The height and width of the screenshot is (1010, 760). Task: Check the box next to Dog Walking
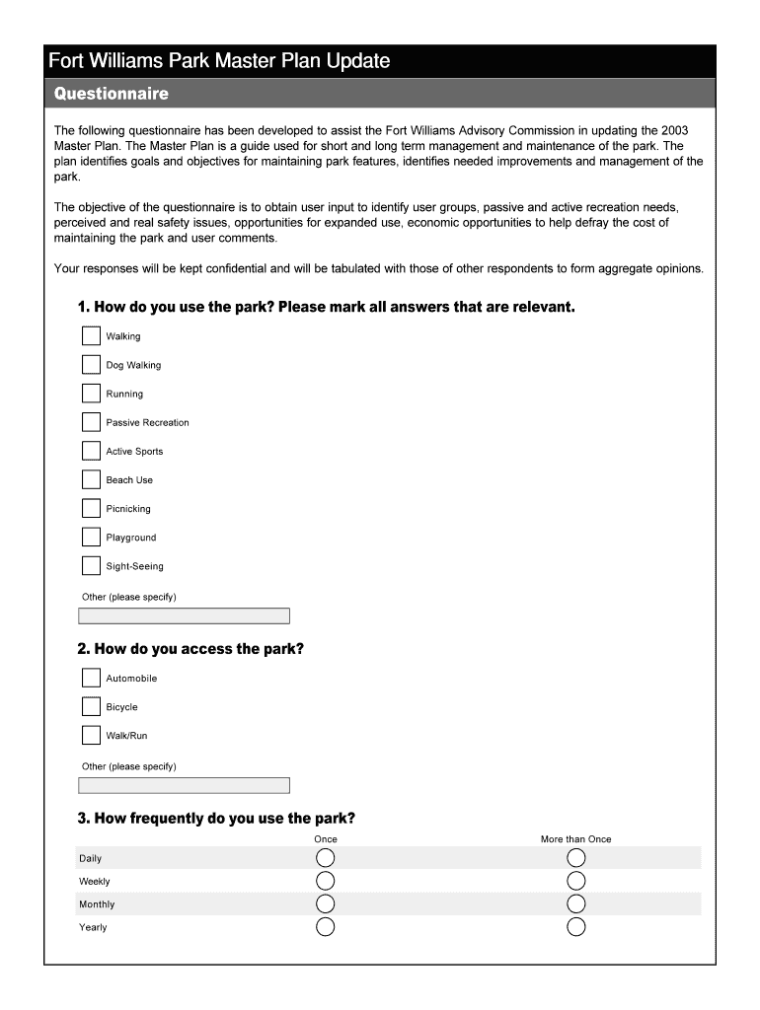pyautogui.click(x=91, y=365)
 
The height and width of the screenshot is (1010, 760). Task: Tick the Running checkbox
pyautogui.click(x=91, y=394)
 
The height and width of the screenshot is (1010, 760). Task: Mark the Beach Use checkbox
pyautogui.click(x=91, y=480)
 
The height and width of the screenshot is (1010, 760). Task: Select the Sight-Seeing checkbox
pyautogui.click(x=91, y=566)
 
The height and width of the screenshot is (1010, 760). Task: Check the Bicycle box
pyautogui.click(x=91, y=707)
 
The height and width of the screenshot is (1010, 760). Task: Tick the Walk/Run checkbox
pyautogui.click(x=91, y=736)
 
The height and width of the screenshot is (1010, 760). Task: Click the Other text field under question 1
pyautogui.click(x=184, y=616)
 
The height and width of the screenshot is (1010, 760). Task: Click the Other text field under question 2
pyautogui.click(x=184, y=786)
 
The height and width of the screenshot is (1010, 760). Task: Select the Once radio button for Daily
pyautogui.click(x=325, y=858)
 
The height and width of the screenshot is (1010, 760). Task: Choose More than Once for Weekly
pyautogui.click(x=576, y=881)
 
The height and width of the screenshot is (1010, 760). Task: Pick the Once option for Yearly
pyautogui.click(x=325, y=927)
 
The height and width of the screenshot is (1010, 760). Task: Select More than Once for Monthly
pyautogui.click(x=576, y=904)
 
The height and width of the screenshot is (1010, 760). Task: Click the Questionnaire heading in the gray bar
pyautogui.click(x=112, y=95)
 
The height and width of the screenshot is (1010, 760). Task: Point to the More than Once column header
pyautogui.click(x=575, y=839)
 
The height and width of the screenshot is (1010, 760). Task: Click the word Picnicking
pyautogui.click(x=128, y=509)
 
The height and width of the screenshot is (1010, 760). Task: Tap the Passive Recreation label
pyautogui.click(x=147, y=423)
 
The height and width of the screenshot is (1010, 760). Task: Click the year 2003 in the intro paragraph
pyautogui.click(x=675, y=130)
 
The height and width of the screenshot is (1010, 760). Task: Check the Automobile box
pyautogui.click(x=91, y=679)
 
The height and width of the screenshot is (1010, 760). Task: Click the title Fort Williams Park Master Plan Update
pyautogui.click(x=220, y=61)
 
